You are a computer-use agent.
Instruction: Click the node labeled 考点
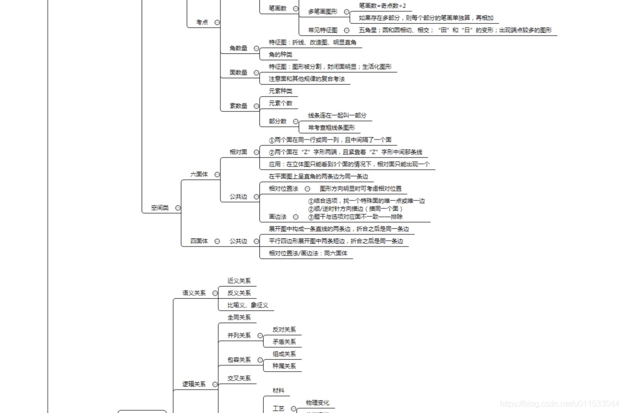click(x=202, y=22)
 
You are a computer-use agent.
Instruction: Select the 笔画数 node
click(x=277, y=8)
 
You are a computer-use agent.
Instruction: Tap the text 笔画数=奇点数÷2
click(x=382, y=6)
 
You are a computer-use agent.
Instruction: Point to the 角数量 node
click(x=238, y=48)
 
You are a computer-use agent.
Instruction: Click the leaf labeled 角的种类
click(x=280, y=54)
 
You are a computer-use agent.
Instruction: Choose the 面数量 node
click(x=238, y=73)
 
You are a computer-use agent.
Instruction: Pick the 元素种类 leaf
click(x=280, y=91)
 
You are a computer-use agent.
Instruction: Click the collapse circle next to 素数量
click(x=256, y=106)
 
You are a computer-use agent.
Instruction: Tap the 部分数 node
click(x=277, y=121)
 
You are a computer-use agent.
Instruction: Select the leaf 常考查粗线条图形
click(x=331, y=127)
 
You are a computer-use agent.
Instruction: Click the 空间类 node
click(x=159, y=208)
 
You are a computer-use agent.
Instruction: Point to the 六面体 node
click(x=199, y=174)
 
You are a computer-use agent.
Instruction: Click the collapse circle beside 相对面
click(x=256, y=152)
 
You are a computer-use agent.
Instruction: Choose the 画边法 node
click(x=277, y=217)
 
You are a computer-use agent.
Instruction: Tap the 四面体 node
click(x=199, y=241)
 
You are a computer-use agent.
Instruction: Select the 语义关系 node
click(x=194, y=293)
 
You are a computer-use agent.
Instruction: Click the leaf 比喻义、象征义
click(x=248, y=305)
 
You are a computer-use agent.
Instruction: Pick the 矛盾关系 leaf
click(x=284, y=341)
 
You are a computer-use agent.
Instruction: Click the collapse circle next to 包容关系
click(x=260, y=360)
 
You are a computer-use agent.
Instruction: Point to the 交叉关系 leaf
click(x=239, y=378)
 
